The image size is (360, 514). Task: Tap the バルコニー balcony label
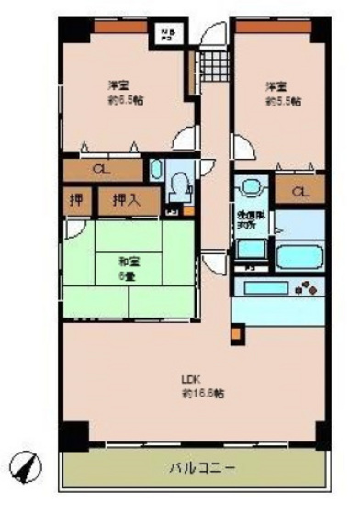coord(201,468)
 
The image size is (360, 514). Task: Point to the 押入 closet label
coord(126,200)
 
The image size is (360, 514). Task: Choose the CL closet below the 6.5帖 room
coord(102,170)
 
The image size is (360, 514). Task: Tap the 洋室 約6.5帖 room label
coord(117,92)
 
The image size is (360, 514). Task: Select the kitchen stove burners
coord(303,287)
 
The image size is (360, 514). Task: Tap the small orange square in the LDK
coord(236,336)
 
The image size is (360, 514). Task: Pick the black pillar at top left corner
coord(74,28)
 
